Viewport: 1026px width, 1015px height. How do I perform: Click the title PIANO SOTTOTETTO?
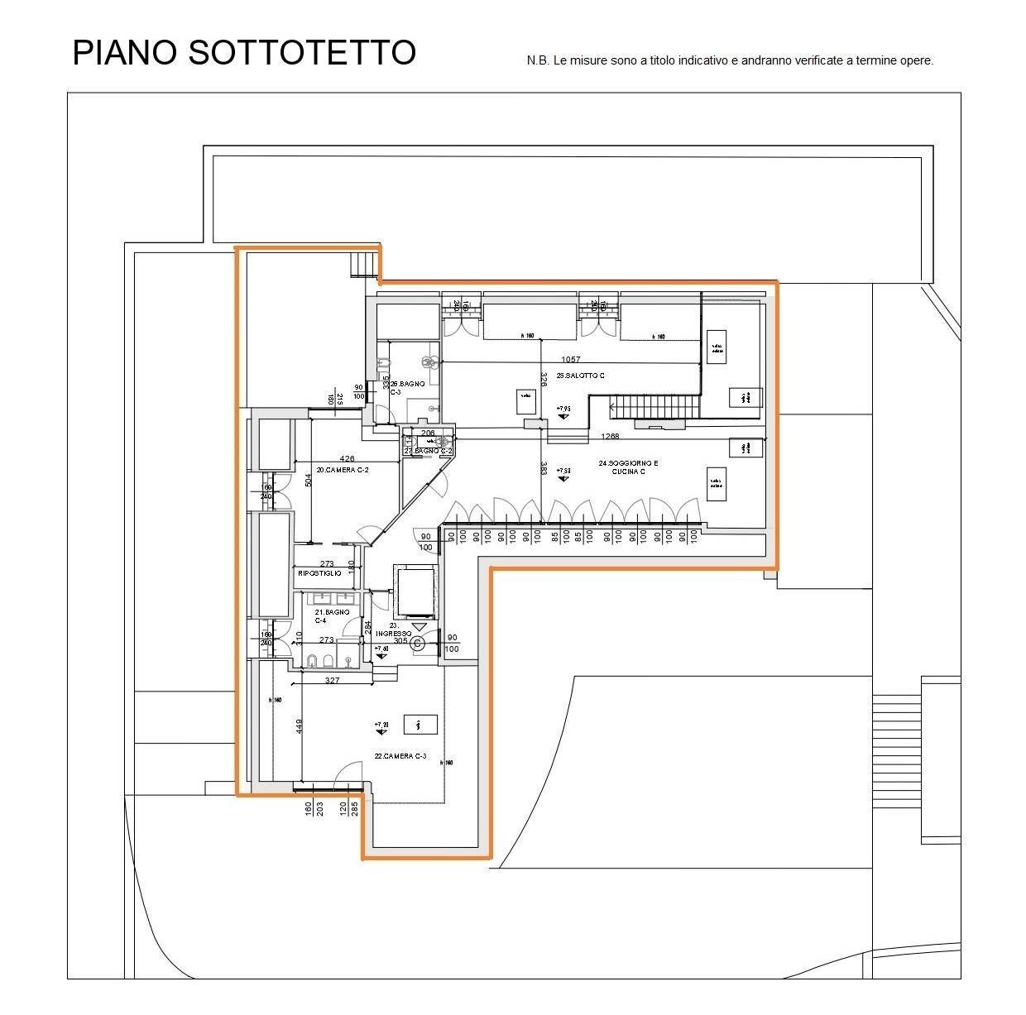pyautogui.click(x=244, y=52)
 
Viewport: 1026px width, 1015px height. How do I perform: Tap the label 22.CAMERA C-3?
pyautogui.click(x=400, y=756)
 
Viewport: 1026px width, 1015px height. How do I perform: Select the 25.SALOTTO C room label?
pyautogui.click(x=580, y=376)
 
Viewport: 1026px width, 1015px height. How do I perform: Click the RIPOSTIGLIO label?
pyautogui.click(x=319, y=573)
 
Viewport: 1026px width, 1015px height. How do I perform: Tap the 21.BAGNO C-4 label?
pyautogui.click(x=332, y=616)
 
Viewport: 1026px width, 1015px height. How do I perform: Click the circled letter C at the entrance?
pyautogui.click(x=419, y=643)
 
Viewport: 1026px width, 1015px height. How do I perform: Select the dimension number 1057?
pyautogui.click(x=570, y=360)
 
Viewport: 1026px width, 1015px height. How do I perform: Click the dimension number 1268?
pyautogui.click(x=610, y=436)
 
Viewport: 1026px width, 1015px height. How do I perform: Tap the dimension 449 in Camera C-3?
pyautogui.click(x=300, y=726)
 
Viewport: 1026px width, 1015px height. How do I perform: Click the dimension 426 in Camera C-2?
pyautogui.click(x=347, y=458)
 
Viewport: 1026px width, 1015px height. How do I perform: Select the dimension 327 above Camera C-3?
pyautogui.click(x=332, y=681)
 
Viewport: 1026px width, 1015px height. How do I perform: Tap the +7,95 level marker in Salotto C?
pyautogui.click(x=563, y=409)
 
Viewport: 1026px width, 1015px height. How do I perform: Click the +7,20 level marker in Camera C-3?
pyautogui.click(x=381, y=725)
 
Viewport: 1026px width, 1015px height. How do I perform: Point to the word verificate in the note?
pyautogui.click(x=816, y=60)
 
